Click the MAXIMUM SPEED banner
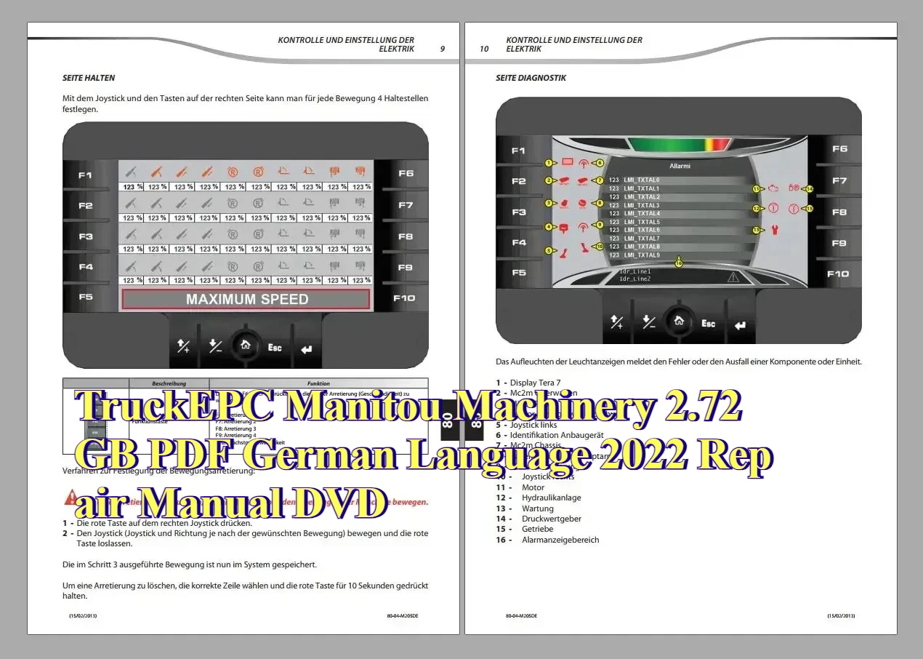coord(246,299)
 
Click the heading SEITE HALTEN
coord(89,78)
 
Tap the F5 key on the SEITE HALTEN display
coord(86,297)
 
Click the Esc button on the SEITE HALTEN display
coord(275,348)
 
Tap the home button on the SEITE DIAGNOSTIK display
coord(678,320)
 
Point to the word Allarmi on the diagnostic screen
coord(680,166)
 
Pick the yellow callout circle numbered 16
coord(679,263)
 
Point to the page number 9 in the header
coord(443,49)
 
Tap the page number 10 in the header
coord(484,49)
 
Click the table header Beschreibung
coord(169,383)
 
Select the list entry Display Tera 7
coord(535,382)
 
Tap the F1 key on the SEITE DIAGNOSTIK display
coord(518,151)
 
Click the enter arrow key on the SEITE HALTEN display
coord(306,349)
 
